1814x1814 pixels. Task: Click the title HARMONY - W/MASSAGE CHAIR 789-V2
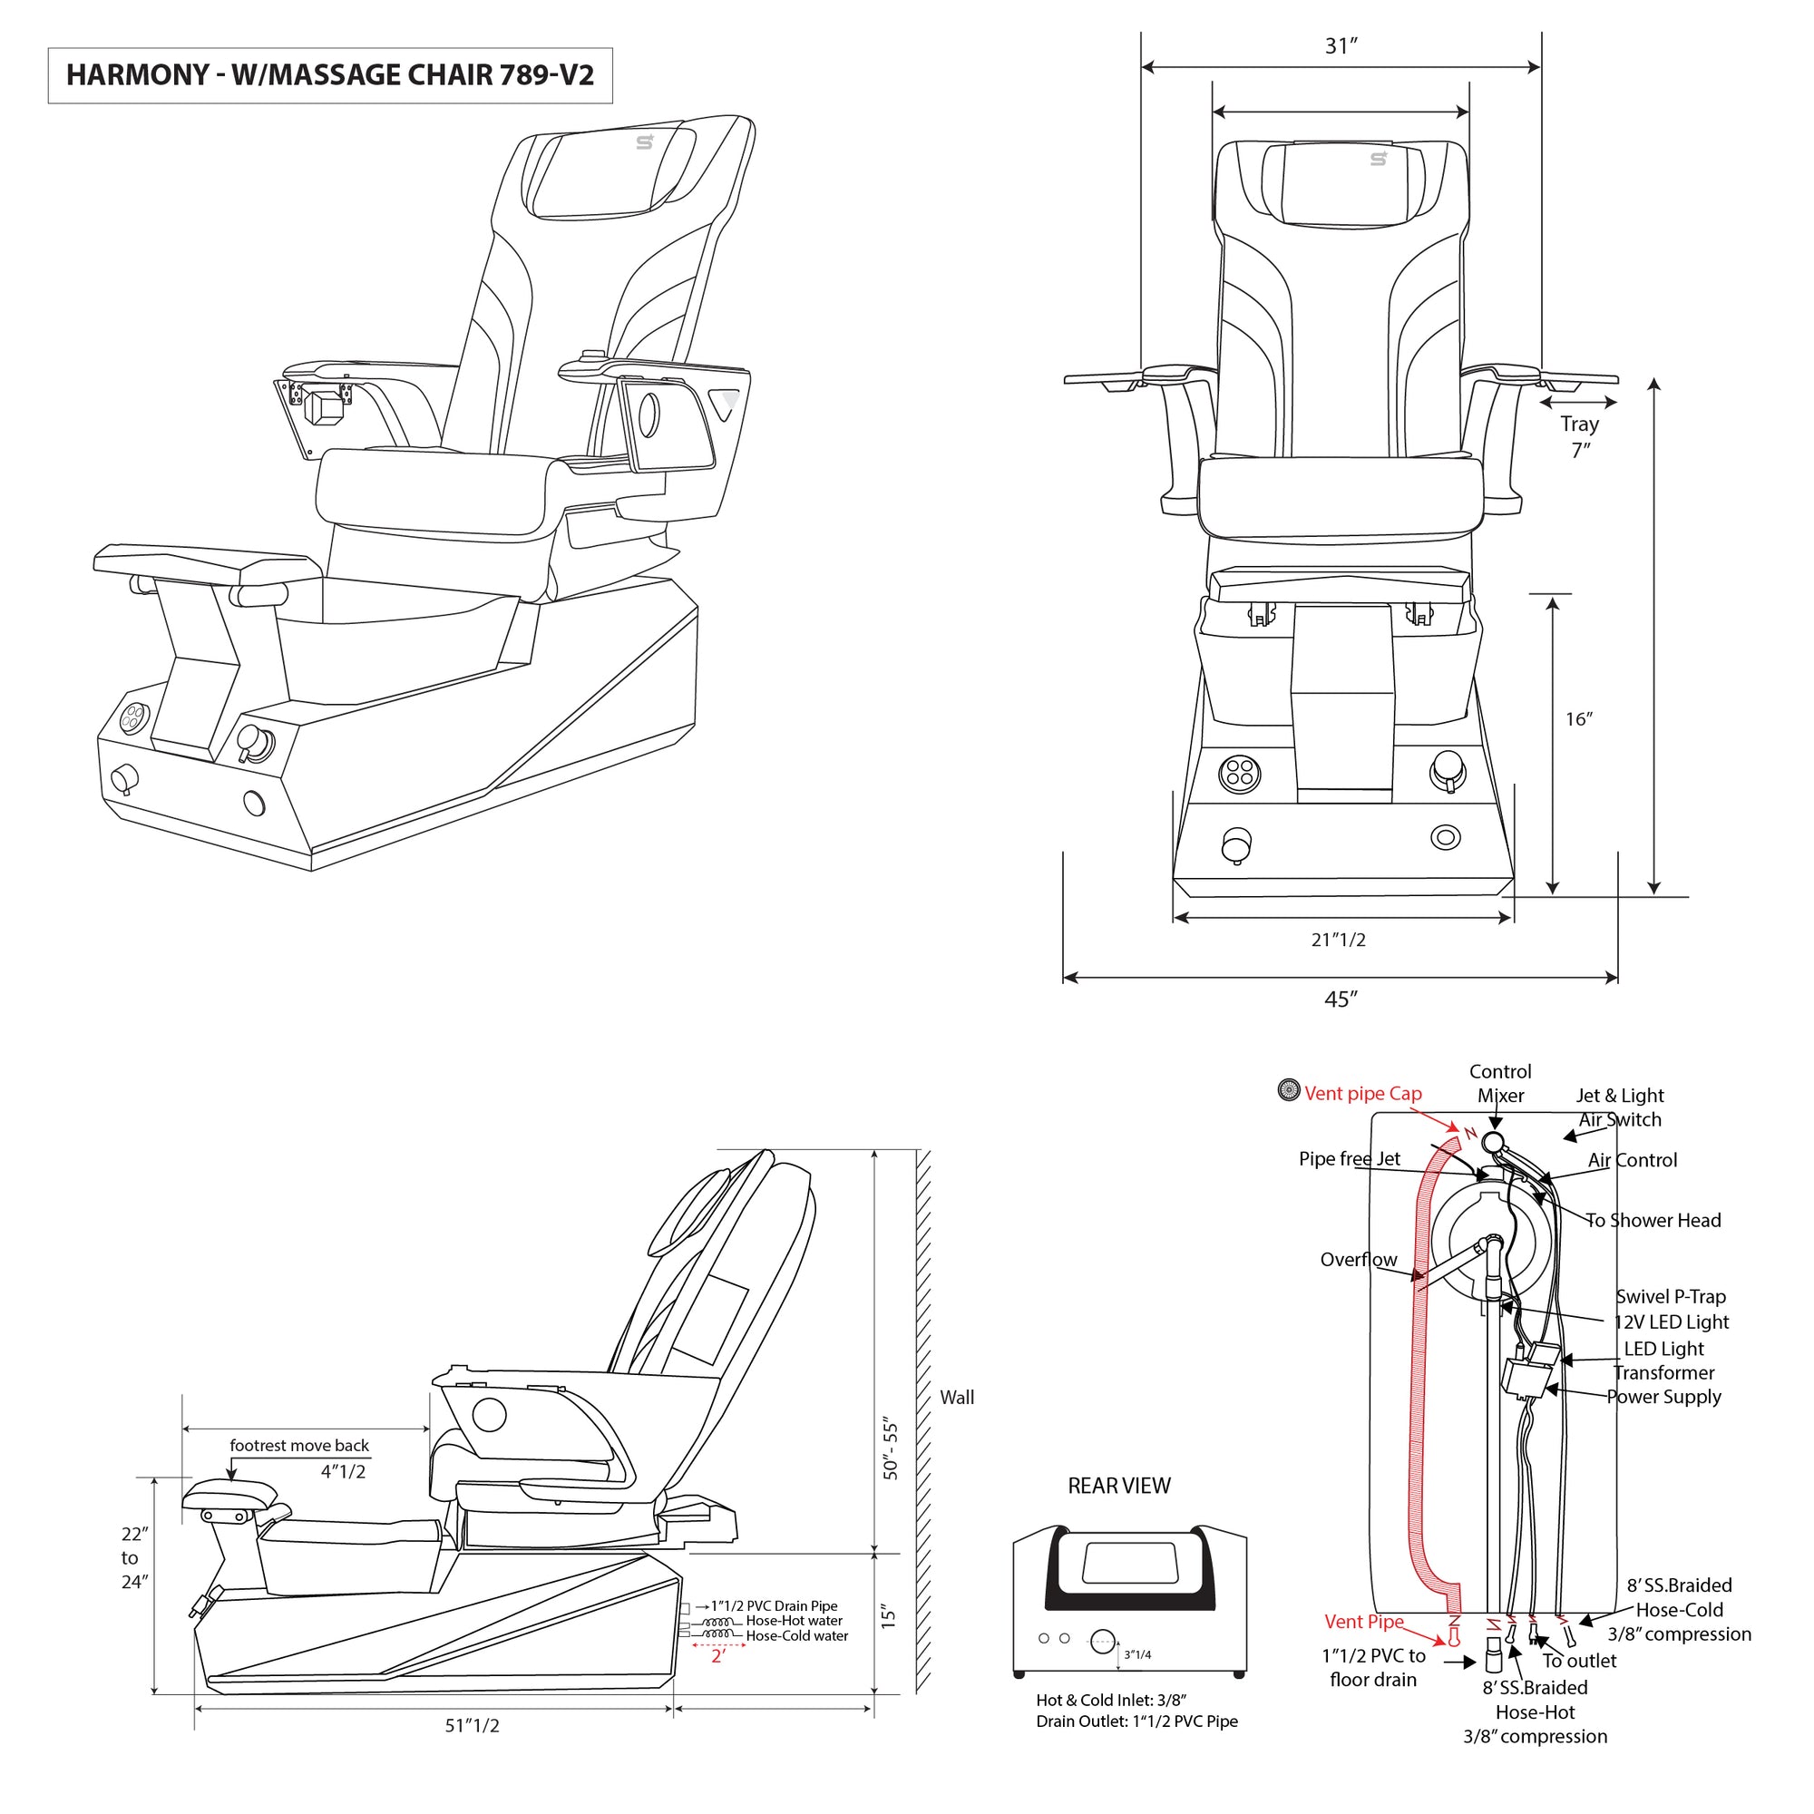tap(329, 75)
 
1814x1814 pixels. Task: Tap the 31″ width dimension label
tap(1341, 46)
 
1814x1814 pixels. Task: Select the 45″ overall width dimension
tap(1341, 999)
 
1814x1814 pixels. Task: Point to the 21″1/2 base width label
tap(1338, 940)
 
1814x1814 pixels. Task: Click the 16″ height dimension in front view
tap(1578, 719)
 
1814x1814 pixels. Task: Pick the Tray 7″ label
tap(1580, 436)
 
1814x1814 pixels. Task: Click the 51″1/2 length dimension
tap(472, 1726)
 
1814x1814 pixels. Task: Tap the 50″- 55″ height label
tap(890, 1449)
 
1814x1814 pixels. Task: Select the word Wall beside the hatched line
tap(957, 1397)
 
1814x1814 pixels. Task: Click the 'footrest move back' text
tap(299, 1446)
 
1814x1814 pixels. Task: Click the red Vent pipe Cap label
tap(1362, 1094)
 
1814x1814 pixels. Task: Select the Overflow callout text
tap(1359, 1260)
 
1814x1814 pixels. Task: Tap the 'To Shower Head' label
tap(1653, 1221)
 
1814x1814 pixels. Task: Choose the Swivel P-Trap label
tap(1671, 1297)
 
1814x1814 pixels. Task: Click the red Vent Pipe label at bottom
tap(1363, 1622)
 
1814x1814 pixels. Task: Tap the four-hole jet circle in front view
tap(1239, 774)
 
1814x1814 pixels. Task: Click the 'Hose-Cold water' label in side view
tap(796, 1636)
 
